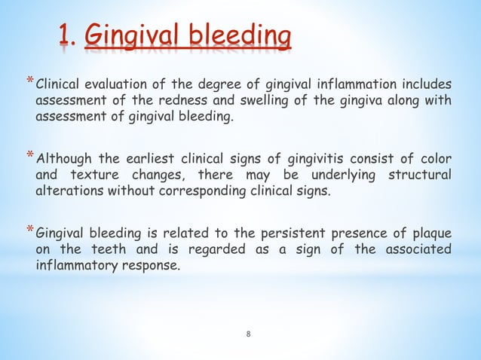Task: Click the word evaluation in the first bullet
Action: (x=111, y=83)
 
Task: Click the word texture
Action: (x=94, y=174)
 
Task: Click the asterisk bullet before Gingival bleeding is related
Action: (x=30, y=229)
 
